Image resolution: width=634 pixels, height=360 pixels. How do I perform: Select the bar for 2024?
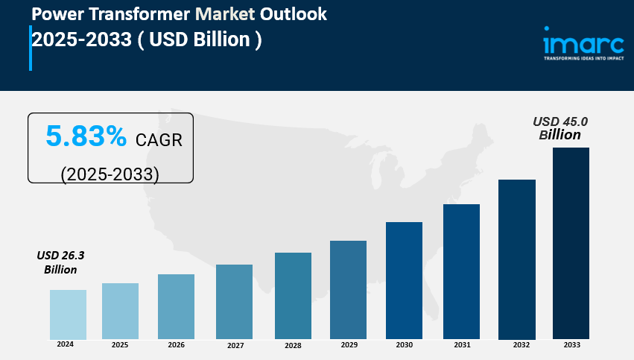tap(68, 314)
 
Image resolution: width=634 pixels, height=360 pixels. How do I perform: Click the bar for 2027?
tap(234, 301)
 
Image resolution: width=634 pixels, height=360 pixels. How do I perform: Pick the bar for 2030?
tap(404, 280)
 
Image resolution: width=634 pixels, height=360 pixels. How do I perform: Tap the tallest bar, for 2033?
tap(571, 242)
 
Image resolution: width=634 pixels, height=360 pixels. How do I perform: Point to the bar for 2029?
tap(348, 289)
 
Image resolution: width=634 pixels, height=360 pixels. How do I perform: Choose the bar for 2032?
tap(516, 259)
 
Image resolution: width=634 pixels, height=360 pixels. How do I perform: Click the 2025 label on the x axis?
tap(120, 345)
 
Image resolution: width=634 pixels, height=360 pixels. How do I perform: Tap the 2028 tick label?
tap(293, 346)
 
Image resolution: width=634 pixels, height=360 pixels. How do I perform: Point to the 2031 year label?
tap(462, 345)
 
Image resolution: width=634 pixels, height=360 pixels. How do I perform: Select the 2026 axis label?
tap(177, 345)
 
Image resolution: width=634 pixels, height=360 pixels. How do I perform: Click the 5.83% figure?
tap(86, 136)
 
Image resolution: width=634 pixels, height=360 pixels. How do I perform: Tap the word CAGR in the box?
tap(159, 139)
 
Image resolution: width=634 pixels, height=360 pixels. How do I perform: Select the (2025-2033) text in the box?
tap(110, 174)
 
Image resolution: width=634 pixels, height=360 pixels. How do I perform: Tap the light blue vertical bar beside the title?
tap(31, 48)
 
